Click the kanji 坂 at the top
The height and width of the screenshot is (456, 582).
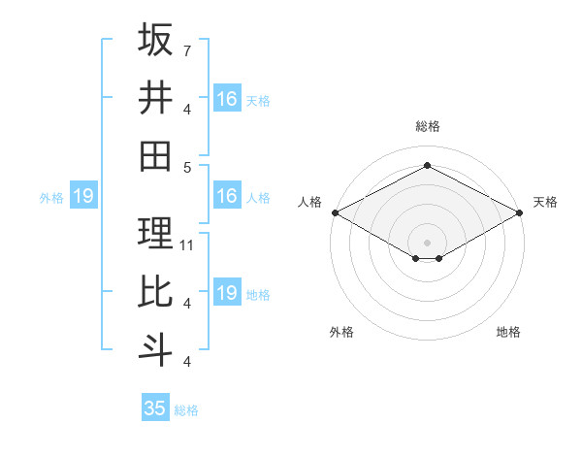(x=155, y=40)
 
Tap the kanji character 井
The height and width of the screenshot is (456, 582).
(x=155, y=97)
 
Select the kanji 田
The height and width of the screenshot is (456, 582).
(x=155, y=154)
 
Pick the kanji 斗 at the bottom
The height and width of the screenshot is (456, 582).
(x=155, y=348)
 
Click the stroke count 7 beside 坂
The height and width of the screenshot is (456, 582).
(x=187, y=50)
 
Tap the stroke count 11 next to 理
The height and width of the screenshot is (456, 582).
(x=187, y=244)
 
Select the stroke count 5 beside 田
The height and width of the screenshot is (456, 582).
(x=187, y=166)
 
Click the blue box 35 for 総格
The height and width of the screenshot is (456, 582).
(x=155, y=408)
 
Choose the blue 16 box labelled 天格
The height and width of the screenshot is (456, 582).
(x=226, y=98)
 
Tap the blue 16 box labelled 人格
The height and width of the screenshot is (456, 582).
(x=226, y=196)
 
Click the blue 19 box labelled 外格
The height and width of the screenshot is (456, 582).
(x=83, y=196)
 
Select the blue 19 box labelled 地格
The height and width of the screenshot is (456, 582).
(x=226, y=293)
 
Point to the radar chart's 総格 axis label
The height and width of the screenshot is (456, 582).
(x=427, y=126)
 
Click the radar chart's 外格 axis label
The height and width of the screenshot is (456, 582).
(x=341, y=332)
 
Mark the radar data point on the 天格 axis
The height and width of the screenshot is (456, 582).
(x=521, y=212)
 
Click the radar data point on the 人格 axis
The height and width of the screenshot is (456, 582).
(x=334, y=212)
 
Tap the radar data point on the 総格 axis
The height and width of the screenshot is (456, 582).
(x=427, y=166)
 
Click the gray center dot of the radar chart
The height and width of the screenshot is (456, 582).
(x=427, y=241)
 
